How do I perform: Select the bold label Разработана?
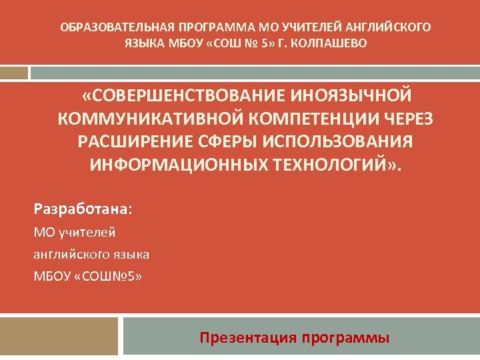83,209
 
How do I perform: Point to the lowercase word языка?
130,254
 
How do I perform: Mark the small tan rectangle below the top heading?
14,72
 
